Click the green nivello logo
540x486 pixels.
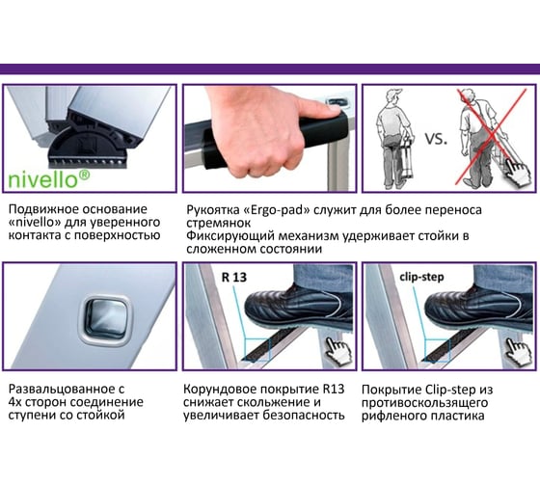(48, 179)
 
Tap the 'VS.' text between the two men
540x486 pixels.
(436, 139)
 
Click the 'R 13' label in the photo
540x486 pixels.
(234, 278)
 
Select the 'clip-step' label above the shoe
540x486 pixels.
(421, 278)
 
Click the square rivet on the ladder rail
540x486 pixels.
(106, 320)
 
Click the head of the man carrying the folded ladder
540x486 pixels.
(392, 98)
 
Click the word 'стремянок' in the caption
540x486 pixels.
(218, 223)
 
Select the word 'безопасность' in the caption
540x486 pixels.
(304, 416)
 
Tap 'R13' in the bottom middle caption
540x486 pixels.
(334, 390)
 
